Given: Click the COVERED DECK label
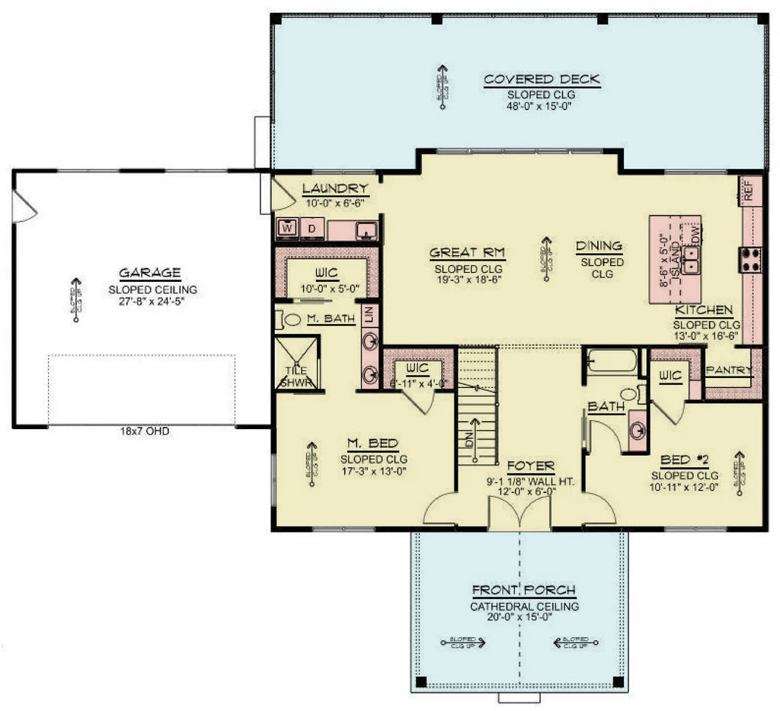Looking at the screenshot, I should point(542,79).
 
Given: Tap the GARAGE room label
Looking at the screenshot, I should point(149,273).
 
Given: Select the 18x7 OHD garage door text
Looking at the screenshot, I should point(144,431).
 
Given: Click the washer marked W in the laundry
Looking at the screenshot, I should point(287,227).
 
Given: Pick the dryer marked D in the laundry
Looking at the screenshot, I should point(312,228).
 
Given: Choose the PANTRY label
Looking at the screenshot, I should point(728,370).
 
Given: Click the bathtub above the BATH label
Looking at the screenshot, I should point(612,360).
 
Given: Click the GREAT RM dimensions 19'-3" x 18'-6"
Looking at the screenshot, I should point(468,281).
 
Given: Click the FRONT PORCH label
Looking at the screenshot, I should point(523,591).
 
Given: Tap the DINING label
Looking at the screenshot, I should point(599,246).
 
